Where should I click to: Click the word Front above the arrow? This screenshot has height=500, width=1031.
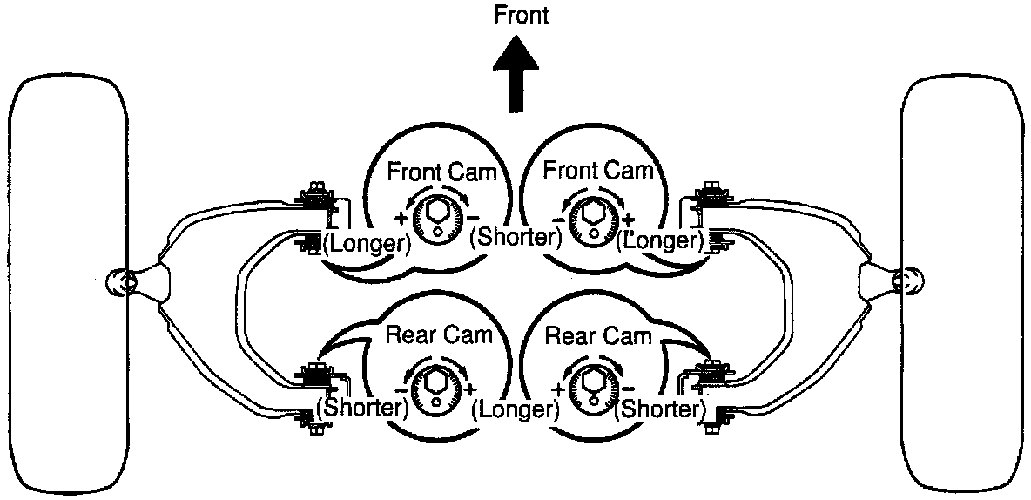521,16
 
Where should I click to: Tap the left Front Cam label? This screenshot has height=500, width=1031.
441,171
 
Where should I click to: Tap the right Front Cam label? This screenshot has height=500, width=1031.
597,171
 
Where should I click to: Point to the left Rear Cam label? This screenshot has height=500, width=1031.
440,334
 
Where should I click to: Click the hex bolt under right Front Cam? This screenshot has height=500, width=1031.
594,213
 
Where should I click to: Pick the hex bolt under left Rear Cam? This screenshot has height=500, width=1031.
433,382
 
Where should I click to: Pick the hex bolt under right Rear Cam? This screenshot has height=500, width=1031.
594,382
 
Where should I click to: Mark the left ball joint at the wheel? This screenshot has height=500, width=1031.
122,282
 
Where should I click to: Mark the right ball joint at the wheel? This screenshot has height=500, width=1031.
908,280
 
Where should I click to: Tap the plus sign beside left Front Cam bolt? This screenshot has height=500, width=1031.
401,219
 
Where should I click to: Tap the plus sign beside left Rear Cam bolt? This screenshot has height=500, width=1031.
470,388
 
